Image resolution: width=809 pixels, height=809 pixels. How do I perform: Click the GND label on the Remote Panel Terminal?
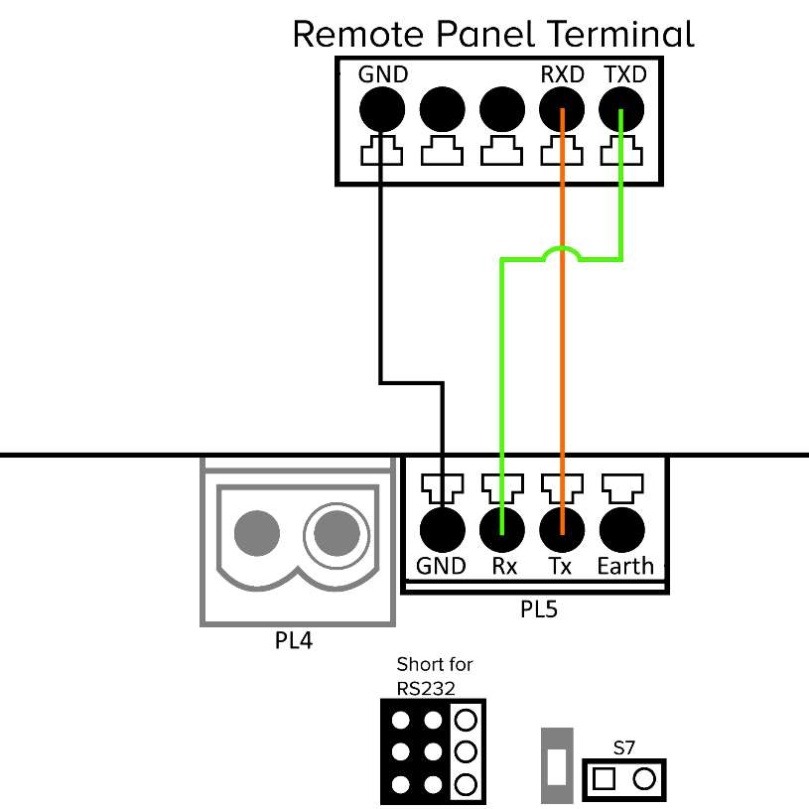[x=383, y=73]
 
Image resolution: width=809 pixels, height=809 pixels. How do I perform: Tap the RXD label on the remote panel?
[x=562, y=73]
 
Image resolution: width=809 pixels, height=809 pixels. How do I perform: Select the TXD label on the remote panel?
[x=624, y=73]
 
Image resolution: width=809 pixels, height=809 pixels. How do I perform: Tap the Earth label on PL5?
[x=625, y=566]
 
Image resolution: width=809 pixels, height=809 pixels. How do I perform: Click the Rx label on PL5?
[x=503, y=566]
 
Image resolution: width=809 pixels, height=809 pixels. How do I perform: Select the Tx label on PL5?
[x=561, y=566]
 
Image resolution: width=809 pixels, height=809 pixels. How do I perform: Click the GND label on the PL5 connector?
[x=442, y=566]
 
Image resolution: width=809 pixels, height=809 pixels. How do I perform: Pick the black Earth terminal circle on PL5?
[x=622, y=529]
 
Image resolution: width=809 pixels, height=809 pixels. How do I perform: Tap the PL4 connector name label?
[x=293, y=641]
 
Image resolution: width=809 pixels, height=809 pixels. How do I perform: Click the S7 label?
[x=624, y=745]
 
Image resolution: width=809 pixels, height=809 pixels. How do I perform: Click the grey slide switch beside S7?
[x=556, y=766]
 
